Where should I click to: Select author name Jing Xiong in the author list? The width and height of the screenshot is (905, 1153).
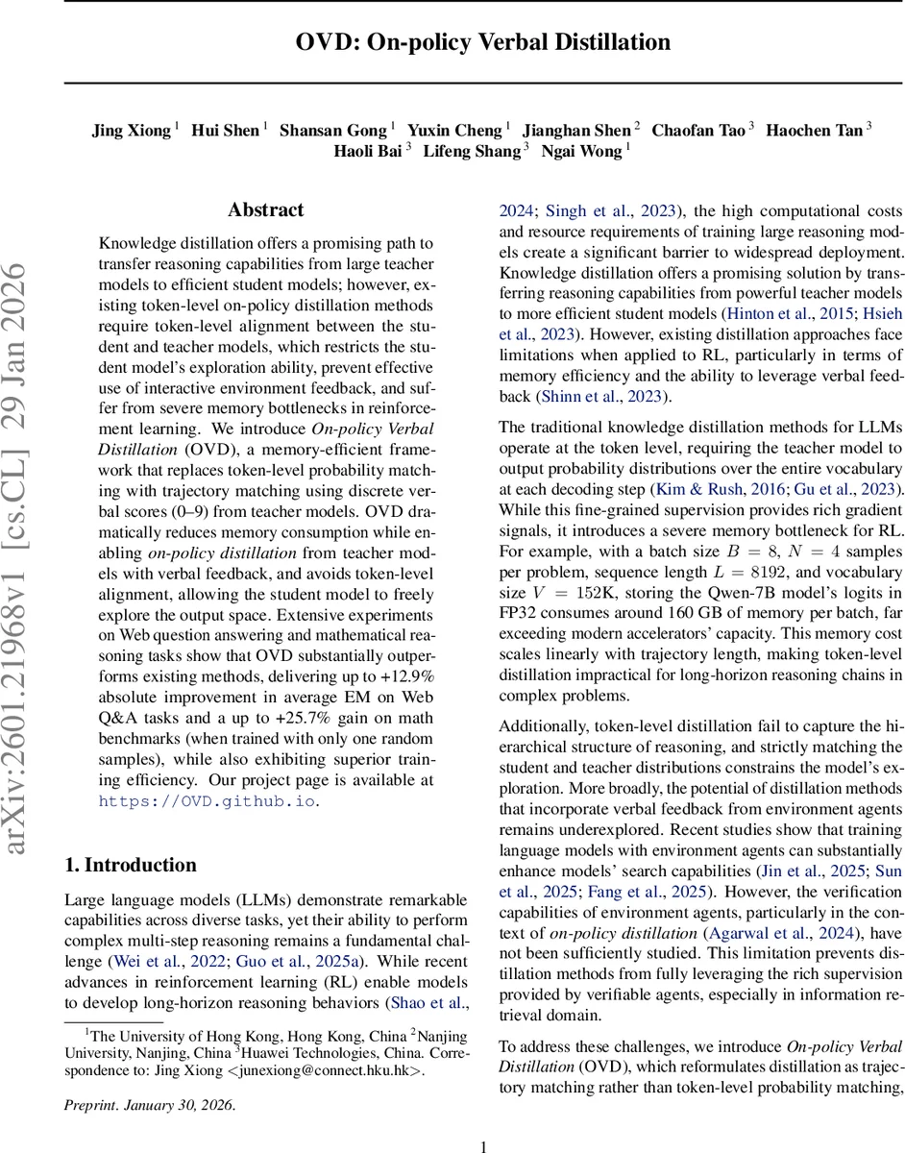(x=133, y=130)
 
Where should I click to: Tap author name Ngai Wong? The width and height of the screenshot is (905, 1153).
(x=581, y=151)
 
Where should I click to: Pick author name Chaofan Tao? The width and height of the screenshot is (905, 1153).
(x=698, y=130)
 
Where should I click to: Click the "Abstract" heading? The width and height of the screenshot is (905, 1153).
(x=266, y=209)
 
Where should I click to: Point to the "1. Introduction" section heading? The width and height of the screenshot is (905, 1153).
(x=130, y=864)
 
